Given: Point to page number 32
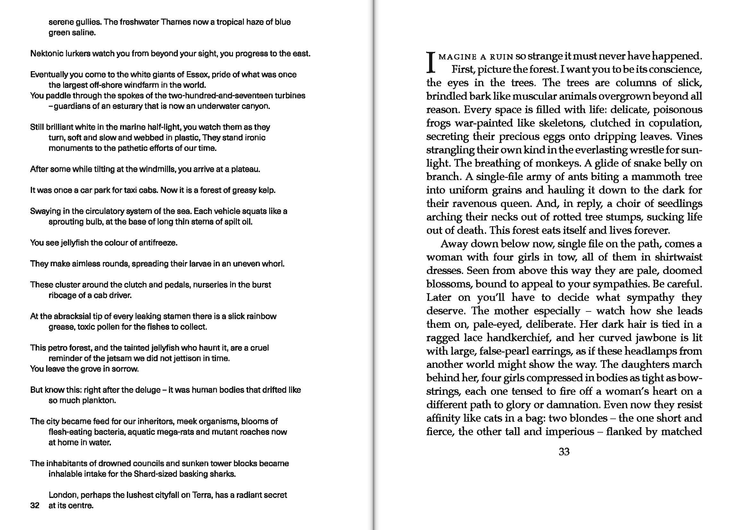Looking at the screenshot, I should tap(35, 506).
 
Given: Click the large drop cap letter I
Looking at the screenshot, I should tap(431, 63).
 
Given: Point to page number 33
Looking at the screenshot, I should tap(564, 452).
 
